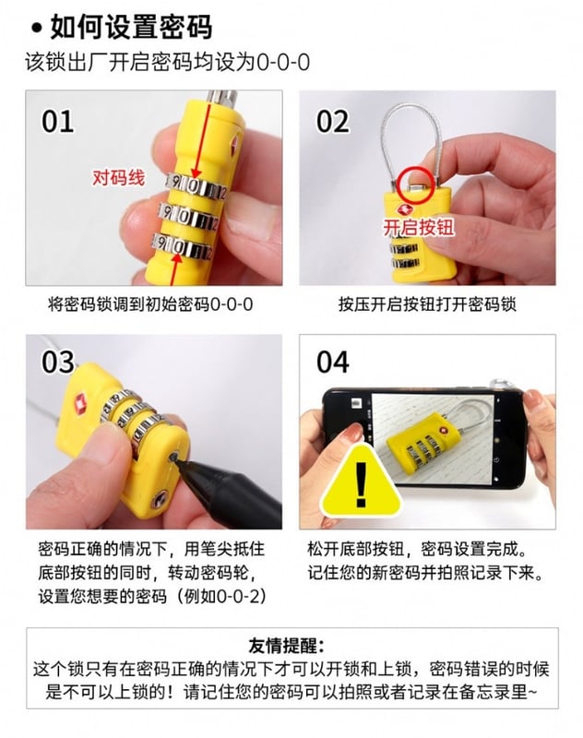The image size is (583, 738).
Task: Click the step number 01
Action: tap(58, 121)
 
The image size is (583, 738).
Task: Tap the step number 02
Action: tap(332, 121)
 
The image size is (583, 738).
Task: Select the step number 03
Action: tap(58, 362)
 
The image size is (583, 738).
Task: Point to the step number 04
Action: tap(333, 362)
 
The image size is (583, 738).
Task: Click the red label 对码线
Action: tap(118, 177)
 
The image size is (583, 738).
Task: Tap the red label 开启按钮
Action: tap(418, 227)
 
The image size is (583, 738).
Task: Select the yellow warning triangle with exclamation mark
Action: tap(361, 481)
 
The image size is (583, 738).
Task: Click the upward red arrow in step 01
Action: tap(176, 268)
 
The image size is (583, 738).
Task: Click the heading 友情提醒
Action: tap(286, 646)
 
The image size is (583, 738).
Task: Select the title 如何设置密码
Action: tap(131, 27)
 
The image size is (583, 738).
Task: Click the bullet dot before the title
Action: tap(37, 29)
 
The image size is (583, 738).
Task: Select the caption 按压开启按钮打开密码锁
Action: tap(427, 304)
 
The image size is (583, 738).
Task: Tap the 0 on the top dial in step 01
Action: tap(193, 186)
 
